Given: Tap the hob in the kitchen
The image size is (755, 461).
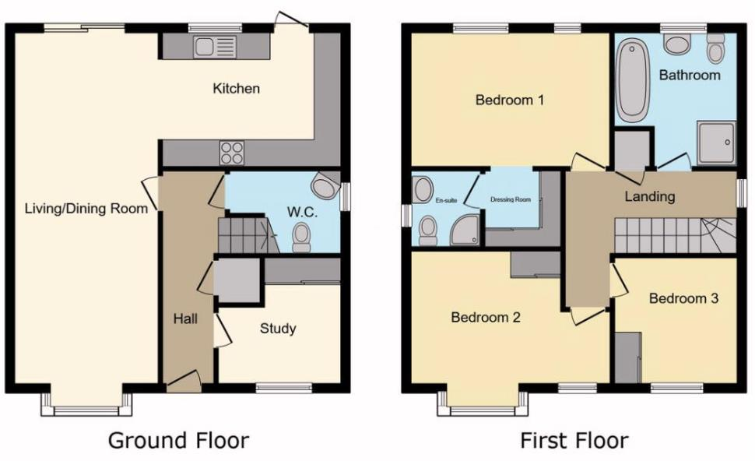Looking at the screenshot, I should (x=232, y=151).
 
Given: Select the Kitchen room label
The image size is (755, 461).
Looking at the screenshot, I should (x=237, y=89).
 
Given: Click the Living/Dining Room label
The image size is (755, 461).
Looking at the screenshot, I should (x=86, y=208).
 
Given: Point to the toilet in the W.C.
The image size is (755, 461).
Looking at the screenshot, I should (x=301, y=237).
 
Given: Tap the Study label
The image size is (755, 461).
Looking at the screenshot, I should (x=278, y=329).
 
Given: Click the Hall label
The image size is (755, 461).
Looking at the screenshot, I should (x=185, y=318).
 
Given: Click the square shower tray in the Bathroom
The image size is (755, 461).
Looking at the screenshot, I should (x=716, y=143).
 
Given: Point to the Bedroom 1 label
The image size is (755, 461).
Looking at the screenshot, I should (x=509, y=100).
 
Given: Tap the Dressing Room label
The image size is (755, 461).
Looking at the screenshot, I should (x=510, y=199).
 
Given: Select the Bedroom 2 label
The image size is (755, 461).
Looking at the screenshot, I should (x=486, y=318).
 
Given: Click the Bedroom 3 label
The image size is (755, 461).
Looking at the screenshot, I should (x=683, y=298).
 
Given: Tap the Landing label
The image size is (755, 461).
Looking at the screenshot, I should (x=649, y=196).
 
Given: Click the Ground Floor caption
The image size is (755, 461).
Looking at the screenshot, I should (x=178, y=440).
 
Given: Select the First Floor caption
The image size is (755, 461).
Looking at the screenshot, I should (x=574, y=440).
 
